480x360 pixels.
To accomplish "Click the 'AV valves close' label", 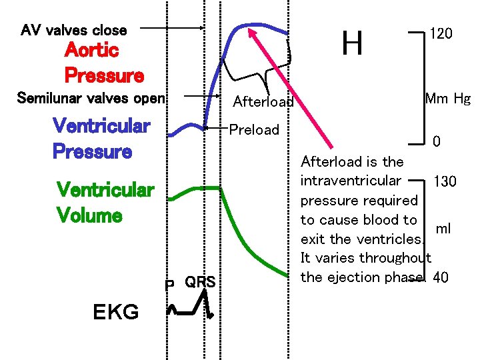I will tap(73, 30).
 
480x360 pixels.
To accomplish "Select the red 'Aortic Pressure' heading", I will tap(103, 63).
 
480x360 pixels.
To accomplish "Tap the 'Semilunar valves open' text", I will tap(91, 99).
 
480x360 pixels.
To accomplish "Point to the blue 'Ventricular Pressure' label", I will tap(101, 138).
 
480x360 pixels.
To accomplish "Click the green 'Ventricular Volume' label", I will tap(105, 203).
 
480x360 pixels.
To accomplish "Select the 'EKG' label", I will tap(115, 311).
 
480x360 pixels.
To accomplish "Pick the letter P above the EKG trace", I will tap(170, 285).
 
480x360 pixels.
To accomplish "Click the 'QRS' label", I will tap(200, 282).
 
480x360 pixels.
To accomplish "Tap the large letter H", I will tap(352, 43).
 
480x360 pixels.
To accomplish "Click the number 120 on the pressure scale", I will tap(441, 33).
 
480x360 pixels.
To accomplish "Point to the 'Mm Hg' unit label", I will tap(447, 99).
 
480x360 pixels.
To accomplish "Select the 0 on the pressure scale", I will tap(436, 142).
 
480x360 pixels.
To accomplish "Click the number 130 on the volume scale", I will tap(445, 181).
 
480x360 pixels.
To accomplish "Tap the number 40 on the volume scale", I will tap(441, 277).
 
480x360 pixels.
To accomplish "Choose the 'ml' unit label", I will tap(443, 228).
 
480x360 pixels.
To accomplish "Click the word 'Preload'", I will tap(254, 129).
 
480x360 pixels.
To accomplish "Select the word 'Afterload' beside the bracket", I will tap(263, 102).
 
